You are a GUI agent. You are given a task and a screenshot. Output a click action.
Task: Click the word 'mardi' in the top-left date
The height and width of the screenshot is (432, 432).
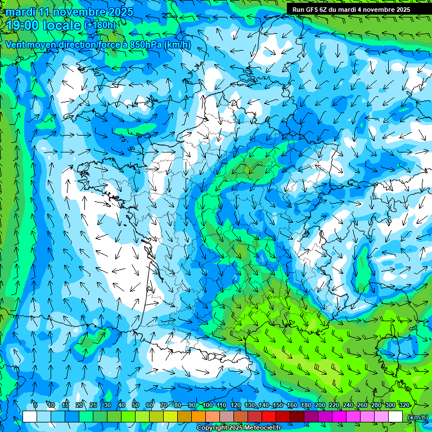tap(19, 11)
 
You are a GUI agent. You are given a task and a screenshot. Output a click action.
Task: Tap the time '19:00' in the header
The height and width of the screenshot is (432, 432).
tap(25, 25)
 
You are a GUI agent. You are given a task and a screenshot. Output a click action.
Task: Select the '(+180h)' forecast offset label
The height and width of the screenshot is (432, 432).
tap(100, 25)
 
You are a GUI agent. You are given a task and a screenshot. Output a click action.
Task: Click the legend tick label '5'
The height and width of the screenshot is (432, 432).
tap(35, 405)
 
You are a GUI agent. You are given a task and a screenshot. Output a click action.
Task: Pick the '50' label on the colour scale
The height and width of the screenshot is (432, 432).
tap(136, 405)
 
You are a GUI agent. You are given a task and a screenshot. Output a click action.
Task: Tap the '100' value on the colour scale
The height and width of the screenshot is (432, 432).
tap(208, 405)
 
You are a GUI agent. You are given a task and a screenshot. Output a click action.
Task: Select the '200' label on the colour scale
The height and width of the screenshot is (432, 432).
tap(320, 405)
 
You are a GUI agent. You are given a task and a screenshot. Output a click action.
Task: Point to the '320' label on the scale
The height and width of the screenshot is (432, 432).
tap(404, 405)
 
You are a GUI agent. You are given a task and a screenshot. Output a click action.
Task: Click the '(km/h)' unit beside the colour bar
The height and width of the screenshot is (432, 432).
tap(417, 417)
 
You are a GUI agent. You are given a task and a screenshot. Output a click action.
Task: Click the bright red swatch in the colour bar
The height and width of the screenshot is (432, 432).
tap(269, 416)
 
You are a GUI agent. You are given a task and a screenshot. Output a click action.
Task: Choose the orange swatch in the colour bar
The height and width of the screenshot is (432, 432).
tap(199, 416)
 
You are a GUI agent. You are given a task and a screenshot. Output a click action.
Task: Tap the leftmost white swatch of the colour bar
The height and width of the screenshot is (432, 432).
tap(30, 416)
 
